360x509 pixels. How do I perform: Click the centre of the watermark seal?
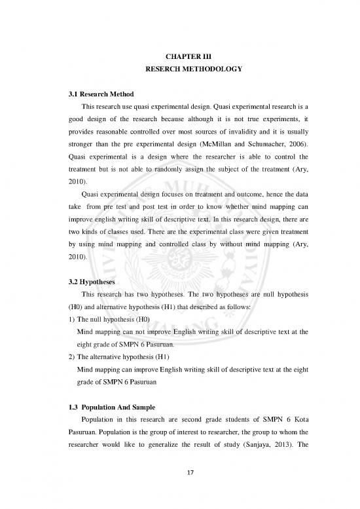pyautogui.click(x=181, y=259)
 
